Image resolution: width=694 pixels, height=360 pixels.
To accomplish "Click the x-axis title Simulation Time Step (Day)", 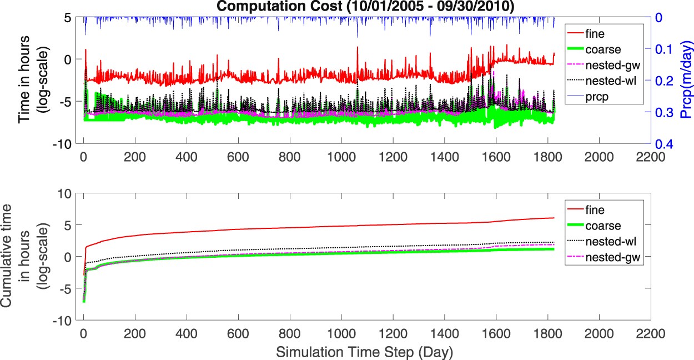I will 364,352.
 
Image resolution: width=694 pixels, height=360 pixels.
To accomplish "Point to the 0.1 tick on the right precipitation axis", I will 663,49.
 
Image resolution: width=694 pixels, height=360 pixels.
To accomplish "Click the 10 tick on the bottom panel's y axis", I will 69,193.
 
